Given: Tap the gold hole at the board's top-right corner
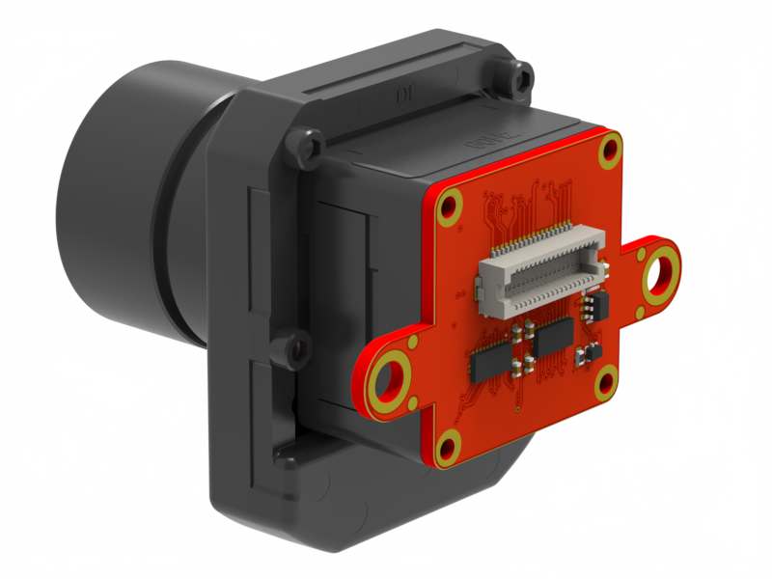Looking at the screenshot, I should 610,149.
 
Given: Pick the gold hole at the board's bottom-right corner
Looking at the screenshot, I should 606,384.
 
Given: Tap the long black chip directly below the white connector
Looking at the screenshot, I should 553,339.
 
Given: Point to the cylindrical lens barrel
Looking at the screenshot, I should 125,193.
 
